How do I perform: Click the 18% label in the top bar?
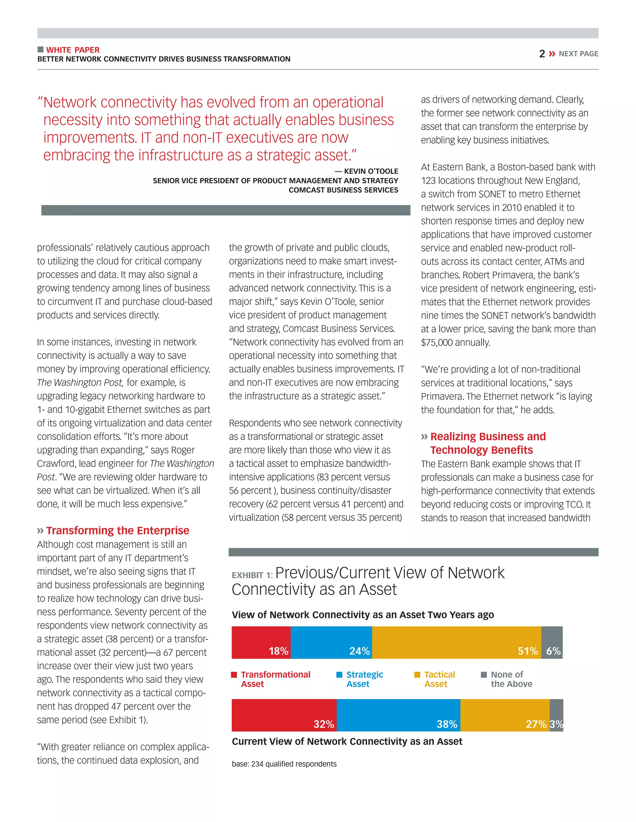tap(279, 651)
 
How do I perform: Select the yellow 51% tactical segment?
tap(456, 642)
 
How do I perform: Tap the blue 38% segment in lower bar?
tap(398, 715)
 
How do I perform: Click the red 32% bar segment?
tap(284, 715)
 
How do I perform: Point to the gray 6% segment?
tap(552, 642)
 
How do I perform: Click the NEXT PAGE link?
tap(578, 54)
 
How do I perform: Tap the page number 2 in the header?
tap(542, 54)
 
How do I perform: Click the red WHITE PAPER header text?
tap(73, 50)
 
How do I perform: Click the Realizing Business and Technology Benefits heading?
tap(488, 443)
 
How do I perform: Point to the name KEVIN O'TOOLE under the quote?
tap(371, 171)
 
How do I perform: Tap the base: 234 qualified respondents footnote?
tap(284, 764)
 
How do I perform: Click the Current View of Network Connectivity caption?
tap(347, 741)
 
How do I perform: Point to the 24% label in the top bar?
tap(359, 651)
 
